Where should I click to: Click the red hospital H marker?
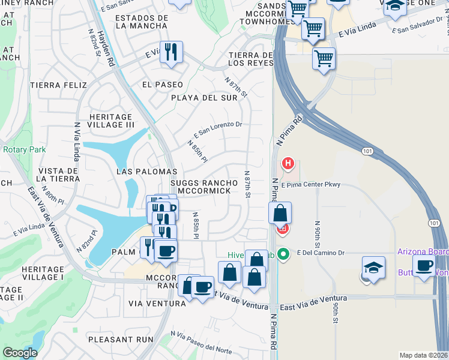click(288, 163)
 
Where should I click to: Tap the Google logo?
click(20, 353)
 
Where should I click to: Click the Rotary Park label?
click(20, 150)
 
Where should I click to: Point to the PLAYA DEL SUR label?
click(204, 97)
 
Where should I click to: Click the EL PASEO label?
click(162, 85)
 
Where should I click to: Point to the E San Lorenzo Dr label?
click(217, 130)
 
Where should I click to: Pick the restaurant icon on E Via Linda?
click(172, 51)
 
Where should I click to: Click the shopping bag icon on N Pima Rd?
click(280, 213)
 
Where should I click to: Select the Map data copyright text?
click(423, 355)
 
